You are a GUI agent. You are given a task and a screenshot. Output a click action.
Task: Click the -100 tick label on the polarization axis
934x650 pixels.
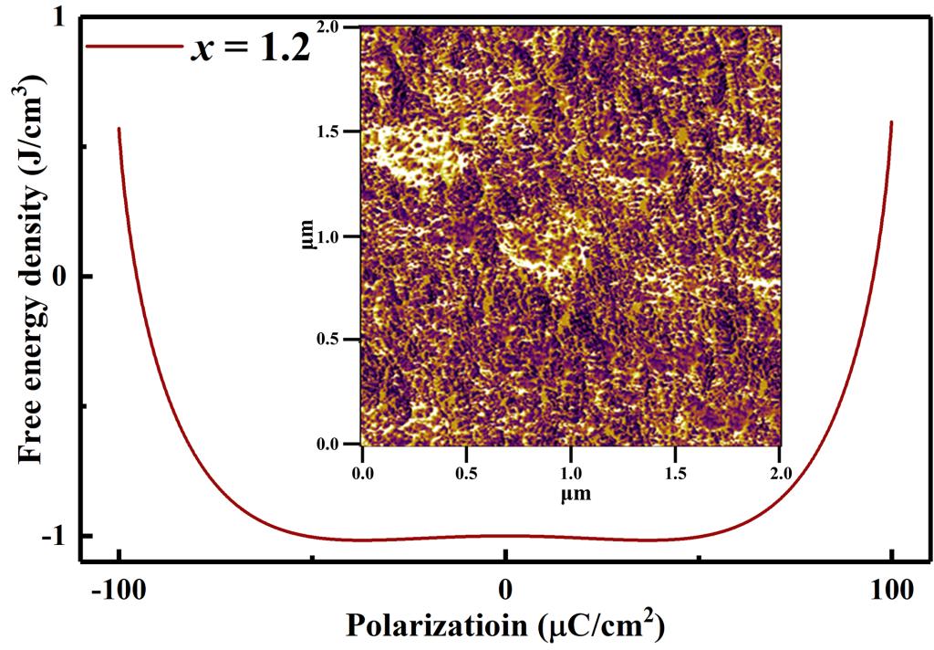(x=119, y=590)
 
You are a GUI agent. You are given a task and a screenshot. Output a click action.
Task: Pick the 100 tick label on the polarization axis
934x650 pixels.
(x=891, y=590)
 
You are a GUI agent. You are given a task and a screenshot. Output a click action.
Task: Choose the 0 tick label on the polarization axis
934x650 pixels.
(x=505, y=590)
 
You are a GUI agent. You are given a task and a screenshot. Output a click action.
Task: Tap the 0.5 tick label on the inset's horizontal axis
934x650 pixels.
(x=466, y=475)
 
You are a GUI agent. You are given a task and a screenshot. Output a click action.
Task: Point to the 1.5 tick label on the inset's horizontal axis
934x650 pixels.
(x=675, y=475)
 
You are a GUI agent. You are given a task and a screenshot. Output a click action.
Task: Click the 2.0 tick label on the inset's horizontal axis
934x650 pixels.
(x=780, y=475)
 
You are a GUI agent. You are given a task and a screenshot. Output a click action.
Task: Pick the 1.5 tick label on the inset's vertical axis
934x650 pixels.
(x=339, y=131)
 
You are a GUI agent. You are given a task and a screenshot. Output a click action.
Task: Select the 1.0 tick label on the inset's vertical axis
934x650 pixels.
(x=339, y=236)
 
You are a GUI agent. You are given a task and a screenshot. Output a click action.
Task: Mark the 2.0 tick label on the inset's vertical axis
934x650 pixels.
(x=339, y=27)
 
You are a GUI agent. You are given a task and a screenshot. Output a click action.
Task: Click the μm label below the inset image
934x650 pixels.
(x=570, y=494)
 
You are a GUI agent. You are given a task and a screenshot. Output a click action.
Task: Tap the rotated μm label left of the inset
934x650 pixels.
(x=311, y=235)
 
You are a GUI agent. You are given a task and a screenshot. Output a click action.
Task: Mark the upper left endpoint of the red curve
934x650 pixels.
(x=119, y=128)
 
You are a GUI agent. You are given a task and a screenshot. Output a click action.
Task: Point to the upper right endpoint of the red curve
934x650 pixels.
(x=891, y=121)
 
